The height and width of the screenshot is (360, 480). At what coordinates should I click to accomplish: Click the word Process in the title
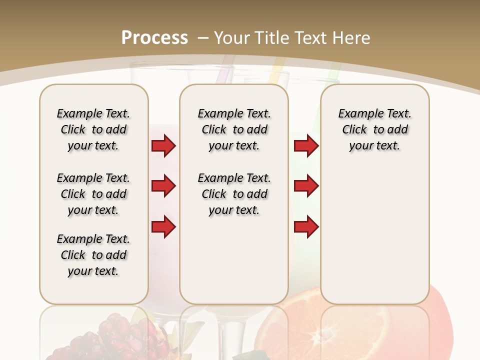click(x=154, y=37)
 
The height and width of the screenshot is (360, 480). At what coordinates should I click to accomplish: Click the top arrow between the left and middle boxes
click(x=163, y=146)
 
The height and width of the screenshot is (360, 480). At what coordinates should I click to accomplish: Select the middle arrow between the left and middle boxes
click(x=163, y=186)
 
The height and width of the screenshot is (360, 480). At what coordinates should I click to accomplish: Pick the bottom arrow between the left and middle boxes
click(x=163, y=227)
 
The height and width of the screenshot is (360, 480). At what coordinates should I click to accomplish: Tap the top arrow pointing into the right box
click(x=306, y=146)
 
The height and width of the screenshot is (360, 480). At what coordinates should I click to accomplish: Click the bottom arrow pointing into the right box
click(x=306, y=227)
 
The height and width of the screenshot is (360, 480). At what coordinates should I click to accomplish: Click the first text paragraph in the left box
click(x=93, y=129)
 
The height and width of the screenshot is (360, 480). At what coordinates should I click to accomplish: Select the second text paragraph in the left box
click(x=93, y=194)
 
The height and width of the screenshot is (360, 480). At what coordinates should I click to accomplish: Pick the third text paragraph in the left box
click(x=93, y=255)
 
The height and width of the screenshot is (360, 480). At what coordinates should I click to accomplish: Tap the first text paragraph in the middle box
click(x=234, y=129)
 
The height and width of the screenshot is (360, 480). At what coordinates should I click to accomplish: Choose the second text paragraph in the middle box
click(x=234, y=194)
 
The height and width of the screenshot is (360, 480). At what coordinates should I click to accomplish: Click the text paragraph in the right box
click(x=374, y=129)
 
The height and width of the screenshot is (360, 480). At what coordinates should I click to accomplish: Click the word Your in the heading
click(x=232, y=37)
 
